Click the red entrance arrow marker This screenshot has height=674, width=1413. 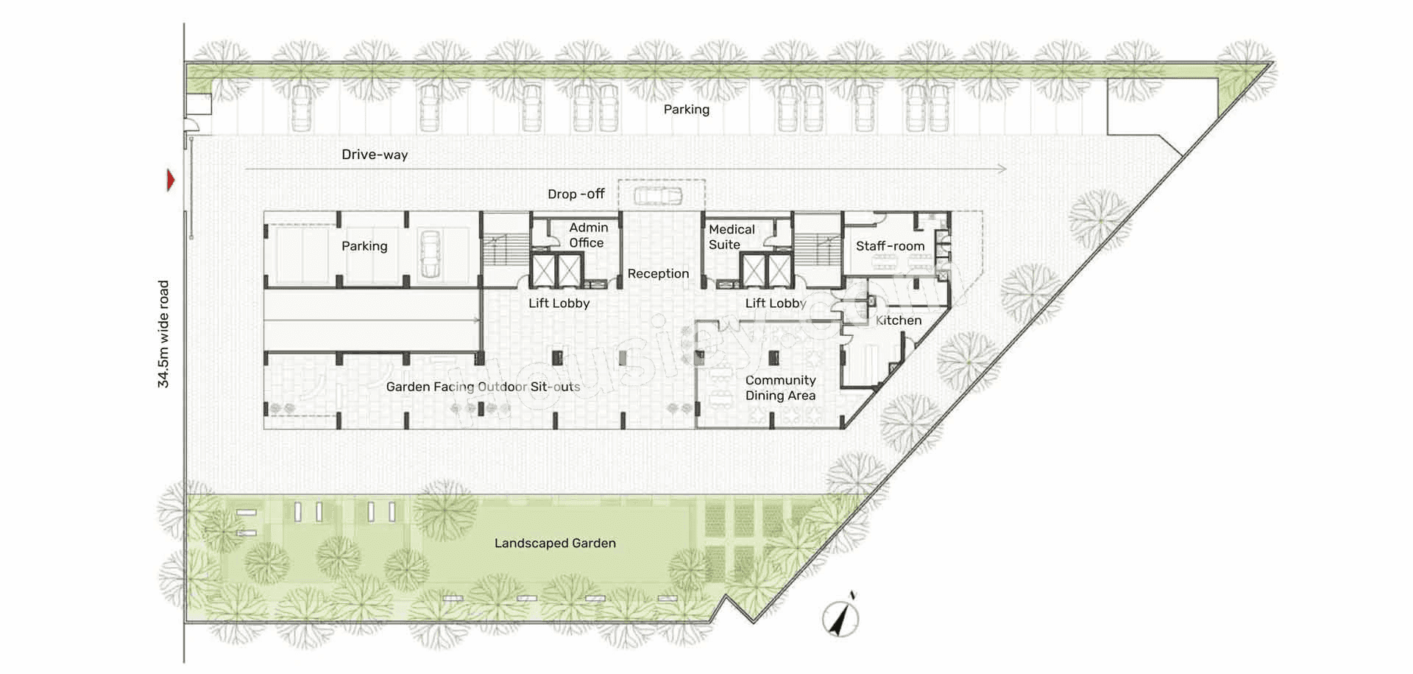[x=171, y=180]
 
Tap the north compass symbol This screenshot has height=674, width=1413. [x=841, y=617]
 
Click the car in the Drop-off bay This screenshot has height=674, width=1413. [x=658, y=195]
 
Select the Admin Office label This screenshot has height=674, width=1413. [x=587, y=235]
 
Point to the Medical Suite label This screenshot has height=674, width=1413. [x=731, y=236]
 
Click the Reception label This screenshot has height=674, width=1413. [x=658, y=273]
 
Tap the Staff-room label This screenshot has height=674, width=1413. [x=890, y=246]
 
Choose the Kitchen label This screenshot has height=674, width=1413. [x=898, y=320]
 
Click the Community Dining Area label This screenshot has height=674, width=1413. [x=780, y=387]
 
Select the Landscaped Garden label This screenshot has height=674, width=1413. [x=555, y=543]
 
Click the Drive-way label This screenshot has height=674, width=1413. [x=375, y=155]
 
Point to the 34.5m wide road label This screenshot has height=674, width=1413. [x=163, y=334]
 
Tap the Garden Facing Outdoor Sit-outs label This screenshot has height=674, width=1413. [x=483, y=387]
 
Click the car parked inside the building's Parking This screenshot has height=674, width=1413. [x=429, y=254]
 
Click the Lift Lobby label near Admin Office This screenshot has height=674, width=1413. [x=559, y=303]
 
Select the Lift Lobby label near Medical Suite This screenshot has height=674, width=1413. [x=776, y=303]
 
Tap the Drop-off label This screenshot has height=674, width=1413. [x=576, y=194]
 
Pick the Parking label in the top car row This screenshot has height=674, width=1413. [x=686, y=109]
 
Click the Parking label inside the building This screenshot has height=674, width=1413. [x=364, y=246]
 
